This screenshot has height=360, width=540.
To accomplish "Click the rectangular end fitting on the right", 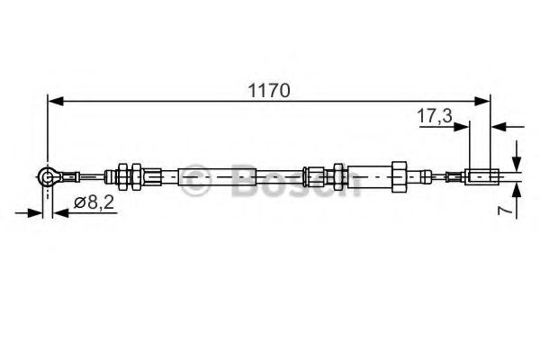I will coord(481,176).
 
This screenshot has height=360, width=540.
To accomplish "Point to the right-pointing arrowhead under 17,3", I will coord(463,128).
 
